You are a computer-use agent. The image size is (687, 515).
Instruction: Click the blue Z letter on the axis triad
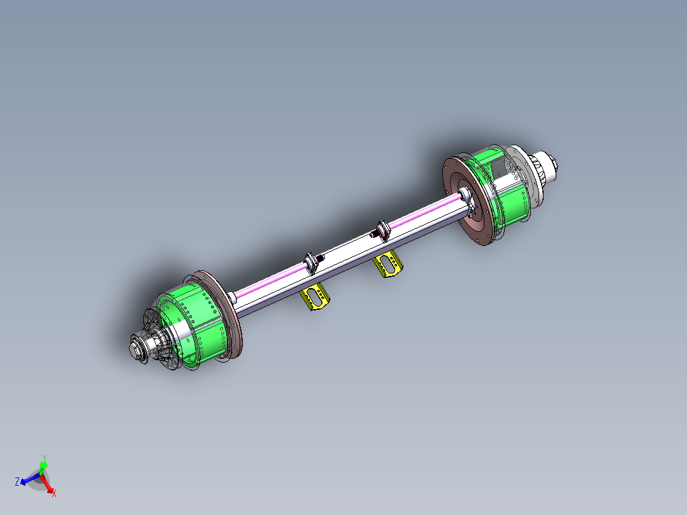tap(17, 481)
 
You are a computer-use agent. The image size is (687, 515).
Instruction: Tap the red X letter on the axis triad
tap(54, 493)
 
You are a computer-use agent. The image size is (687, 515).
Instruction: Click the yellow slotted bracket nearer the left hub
tap(315, 298)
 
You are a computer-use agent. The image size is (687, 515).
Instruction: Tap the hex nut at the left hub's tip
tap(136, 349)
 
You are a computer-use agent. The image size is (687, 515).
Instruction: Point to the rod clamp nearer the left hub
tap(312, 262)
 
